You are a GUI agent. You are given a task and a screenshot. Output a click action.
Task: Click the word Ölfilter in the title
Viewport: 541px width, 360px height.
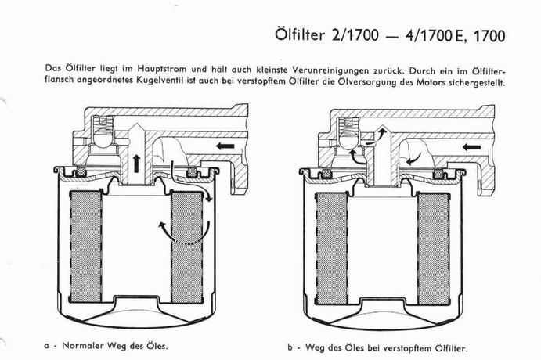[300, 35]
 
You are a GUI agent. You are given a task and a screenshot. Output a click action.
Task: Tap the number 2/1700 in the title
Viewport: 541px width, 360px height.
[355, 35]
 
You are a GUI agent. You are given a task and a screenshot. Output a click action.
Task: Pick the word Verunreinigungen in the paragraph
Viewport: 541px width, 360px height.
[331, 70]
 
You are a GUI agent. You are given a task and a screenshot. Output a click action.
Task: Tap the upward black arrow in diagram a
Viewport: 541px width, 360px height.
[137, 164]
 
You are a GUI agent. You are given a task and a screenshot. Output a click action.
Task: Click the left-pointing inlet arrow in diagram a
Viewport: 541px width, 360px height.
[225, 146]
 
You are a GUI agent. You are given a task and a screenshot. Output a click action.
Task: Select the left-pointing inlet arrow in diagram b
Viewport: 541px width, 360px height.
[471, 147]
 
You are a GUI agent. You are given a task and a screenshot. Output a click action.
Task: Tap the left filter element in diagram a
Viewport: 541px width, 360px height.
[86, 247]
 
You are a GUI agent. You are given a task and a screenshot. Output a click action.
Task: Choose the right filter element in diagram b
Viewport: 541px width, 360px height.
[434, 249]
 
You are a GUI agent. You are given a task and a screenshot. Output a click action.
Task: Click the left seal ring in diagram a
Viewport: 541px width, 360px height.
[81, 171]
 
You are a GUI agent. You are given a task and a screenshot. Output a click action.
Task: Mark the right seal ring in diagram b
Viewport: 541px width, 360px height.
[438, 174]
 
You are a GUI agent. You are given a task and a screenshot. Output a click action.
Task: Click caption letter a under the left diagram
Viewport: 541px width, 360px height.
[46, 346]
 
